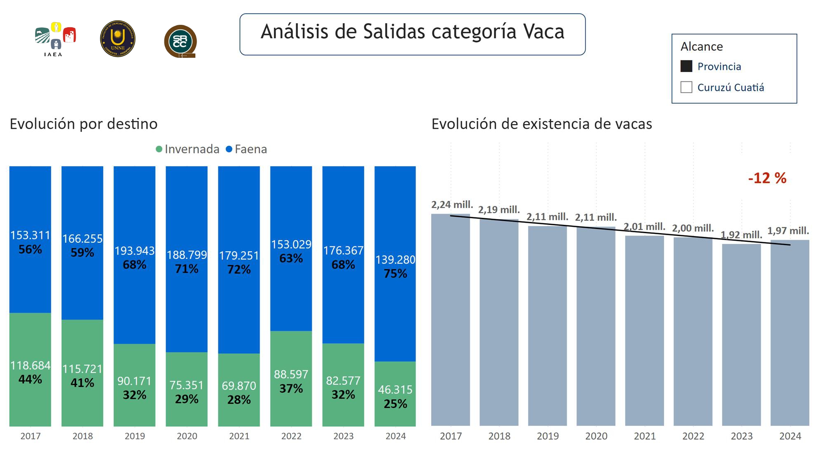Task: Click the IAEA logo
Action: point(55,39)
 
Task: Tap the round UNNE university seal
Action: point(118,38)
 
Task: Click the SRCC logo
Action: point(180,41)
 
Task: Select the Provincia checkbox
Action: point(686,66)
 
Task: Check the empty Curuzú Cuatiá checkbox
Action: point(686,87)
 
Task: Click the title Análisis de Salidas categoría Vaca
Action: point(412,32)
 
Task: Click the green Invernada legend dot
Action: point(159,149)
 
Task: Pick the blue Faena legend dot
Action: point(229,149)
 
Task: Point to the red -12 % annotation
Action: point(767,178)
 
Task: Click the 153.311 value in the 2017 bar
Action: point(30,235)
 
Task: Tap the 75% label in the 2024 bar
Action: point(395,274)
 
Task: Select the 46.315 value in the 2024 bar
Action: point(395,389)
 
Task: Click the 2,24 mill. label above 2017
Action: point(452,205)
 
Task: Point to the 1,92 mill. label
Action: point(741,235)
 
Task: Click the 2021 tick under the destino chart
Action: point(239,436)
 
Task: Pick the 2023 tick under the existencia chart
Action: point(741,436)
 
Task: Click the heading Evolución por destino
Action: point(83,124)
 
